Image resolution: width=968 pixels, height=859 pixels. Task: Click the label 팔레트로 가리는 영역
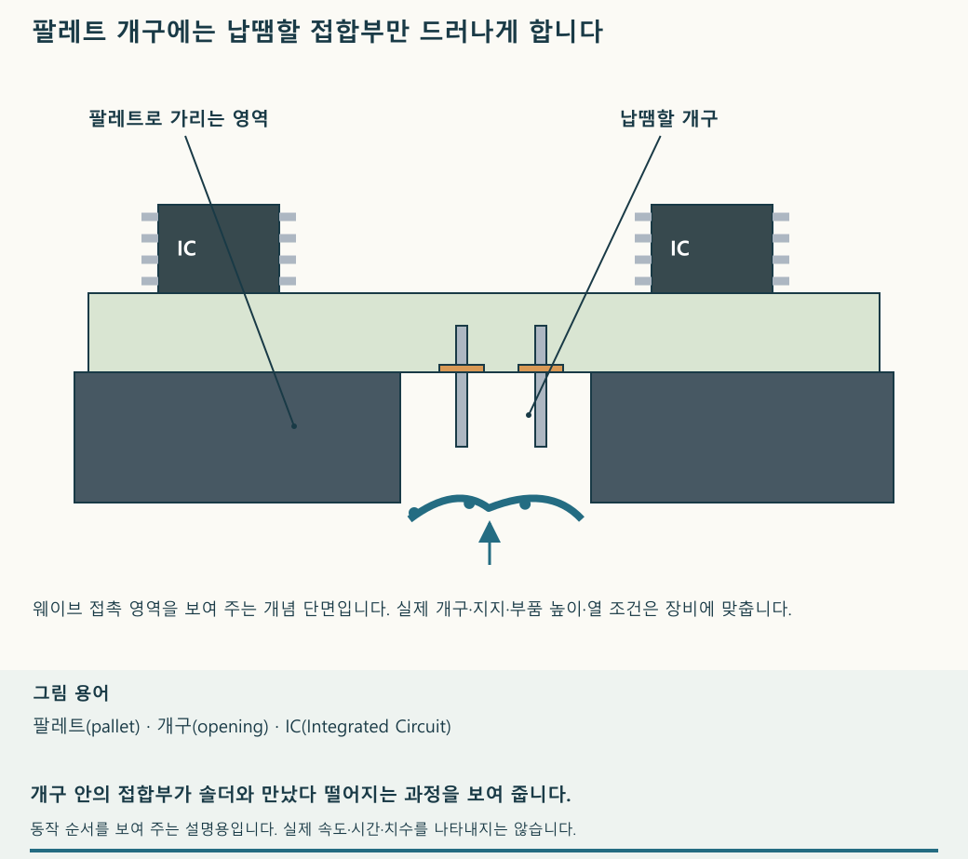(179, 118)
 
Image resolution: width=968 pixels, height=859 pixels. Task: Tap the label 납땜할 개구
(668, 118)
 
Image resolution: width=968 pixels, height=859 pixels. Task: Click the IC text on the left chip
(186, 248)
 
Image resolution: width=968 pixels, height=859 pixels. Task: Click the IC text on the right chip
(679, 248)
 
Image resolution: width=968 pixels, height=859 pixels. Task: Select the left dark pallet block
(237, 436)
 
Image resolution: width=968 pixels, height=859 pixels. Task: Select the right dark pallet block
(742, 436)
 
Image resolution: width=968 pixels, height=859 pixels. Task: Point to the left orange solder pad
(461, 369)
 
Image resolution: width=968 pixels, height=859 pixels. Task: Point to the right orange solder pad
(540, 369)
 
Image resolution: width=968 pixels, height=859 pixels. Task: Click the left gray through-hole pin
(461, 385)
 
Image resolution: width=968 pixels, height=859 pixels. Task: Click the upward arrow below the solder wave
(490, 543)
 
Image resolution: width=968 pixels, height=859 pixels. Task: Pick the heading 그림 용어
(71, 693)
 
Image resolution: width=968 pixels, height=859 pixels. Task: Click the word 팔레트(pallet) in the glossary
(87, 726)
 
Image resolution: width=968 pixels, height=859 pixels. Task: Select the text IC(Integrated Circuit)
(368, 726)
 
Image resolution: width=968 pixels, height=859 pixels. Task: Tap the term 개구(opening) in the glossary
(213, 726)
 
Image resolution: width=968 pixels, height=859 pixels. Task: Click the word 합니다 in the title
(566, 31)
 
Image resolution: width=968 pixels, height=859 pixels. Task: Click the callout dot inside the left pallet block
(294, 426)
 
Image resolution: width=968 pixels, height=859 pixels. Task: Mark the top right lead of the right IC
(781, 217)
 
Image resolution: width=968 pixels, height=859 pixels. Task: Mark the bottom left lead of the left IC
(150, 281)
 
